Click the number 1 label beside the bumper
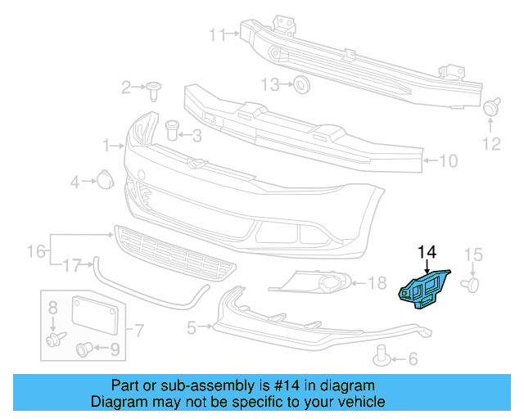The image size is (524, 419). click(106, 146)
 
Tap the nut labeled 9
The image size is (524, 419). click(84, 350)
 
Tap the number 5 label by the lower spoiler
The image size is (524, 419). click(192, 328)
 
